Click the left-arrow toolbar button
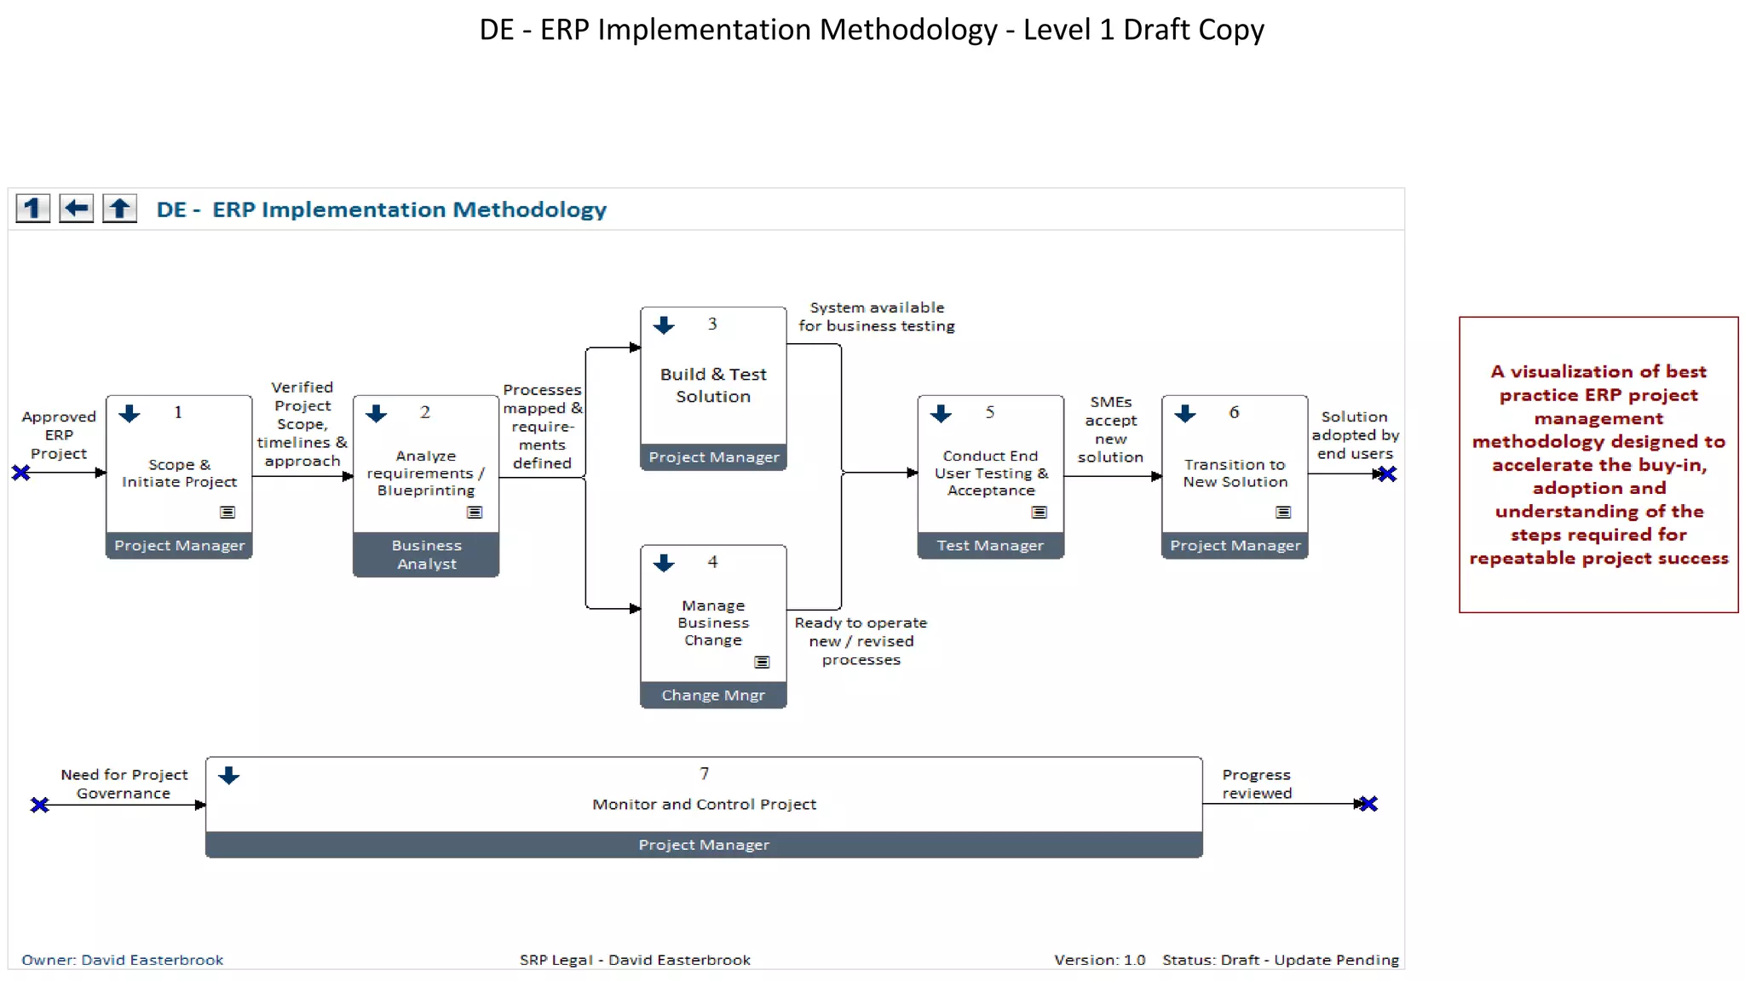point(77,209)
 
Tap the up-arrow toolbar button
point(120,209)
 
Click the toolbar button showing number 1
point(33,209)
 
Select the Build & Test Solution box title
point(713,385)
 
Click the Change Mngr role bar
point(713,695)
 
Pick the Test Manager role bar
point(990,545)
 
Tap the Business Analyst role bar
point(426,554)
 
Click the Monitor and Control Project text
point(704,804)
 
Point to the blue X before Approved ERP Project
point(21,473)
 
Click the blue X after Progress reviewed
point(1368,804)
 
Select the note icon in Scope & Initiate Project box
point(227,512)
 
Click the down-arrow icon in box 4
point(664,563)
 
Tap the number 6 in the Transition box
point(1234,412)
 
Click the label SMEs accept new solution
point(1110,429)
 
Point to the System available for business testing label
point(876,317)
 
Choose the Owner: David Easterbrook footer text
point(122,960)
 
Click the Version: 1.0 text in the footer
point(1099,960)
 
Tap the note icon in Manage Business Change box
point(762,662)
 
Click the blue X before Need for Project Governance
point(39,805)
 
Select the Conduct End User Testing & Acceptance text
point(990,473)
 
